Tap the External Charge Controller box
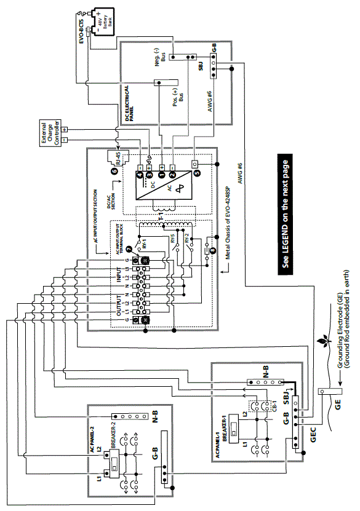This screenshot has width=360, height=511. (x=52, y=132)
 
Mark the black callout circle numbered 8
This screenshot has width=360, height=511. (x=213, y=250)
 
